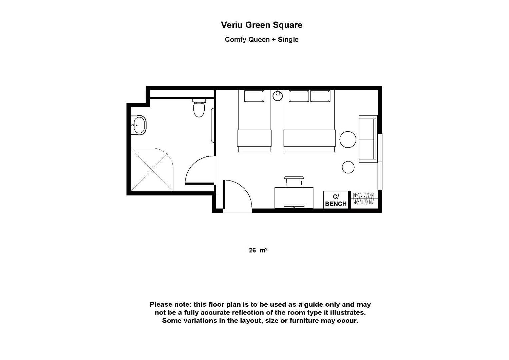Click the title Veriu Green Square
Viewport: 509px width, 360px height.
click(262, 25)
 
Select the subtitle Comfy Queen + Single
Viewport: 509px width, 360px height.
click(262, 40)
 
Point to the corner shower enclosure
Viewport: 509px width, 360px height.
click(152, 170)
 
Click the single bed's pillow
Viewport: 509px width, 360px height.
click(254, 96)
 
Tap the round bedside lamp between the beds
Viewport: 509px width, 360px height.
click(277, 96)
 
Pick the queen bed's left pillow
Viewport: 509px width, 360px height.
click(299, 96)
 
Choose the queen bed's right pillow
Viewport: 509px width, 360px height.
click(320, 96)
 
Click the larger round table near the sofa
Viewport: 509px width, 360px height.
click(348, 139)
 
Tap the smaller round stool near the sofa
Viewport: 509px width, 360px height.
click(348, 167)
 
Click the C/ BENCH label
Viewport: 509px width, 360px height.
click(336, 200)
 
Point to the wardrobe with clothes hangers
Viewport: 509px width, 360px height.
click(364, 200)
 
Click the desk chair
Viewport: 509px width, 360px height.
click(294, 182)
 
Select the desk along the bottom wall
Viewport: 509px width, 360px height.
click(294, 198)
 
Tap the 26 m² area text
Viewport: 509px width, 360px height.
click(258, 250)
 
